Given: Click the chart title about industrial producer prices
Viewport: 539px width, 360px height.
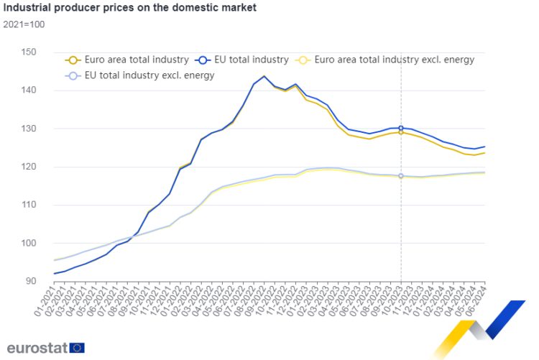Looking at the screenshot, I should [129, 8].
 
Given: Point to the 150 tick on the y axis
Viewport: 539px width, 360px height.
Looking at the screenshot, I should [29, 52].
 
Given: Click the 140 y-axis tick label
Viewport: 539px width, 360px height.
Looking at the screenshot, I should [29, 91].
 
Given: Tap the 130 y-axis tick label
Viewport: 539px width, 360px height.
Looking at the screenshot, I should [29, 129].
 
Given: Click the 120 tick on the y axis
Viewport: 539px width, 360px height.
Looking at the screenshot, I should [29, 167].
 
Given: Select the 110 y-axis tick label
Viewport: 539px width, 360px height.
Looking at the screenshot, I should [29, 205].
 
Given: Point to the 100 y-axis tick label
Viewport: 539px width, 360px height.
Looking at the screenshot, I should [29, 243].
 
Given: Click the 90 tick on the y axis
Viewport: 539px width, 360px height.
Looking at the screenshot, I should [31, 281].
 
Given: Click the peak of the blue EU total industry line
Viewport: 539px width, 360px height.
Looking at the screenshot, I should [264, 75].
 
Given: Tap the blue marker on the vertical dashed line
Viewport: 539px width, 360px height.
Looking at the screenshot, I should [401, 128].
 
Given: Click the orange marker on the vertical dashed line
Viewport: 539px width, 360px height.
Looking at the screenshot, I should [401, 132].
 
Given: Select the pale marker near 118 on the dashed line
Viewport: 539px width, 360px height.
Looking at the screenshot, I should [401, 176].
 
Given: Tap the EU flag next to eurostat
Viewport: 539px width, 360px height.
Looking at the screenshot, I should [78, 348].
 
